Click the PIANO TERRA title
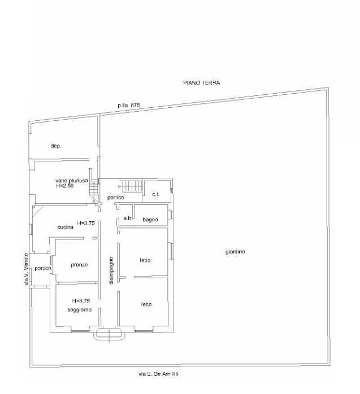point(201,83)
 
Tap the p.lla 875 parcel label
point(128,105)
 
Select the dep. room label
point(55,146)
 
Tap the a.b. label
point(128,218)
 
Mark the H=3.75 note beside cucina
point(86,223)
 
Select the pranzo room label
point(79,264)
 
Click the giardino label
point(234,252)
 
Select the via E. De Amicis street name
point(161,374)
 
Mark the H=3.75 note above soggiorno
point(81,301)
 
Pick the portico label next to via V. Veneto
point(42,268)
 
